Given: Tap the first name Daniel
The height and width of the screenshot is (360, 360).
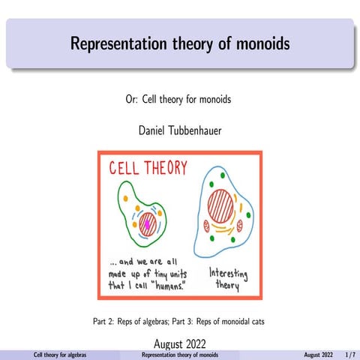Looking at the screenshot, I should [153, 130].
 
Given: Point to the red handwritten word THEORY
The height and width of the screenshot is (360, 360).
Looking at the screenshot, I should [163, 168].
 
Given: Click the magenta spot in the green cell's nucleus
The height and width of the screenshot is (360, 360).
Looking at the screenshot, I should [148, 223].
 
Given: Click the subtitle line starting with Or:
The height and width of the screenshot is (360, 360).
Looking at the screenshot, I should [180, 100].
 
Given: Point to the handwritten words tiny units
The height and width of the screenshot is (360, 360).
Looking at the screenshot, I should [167, 273].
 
